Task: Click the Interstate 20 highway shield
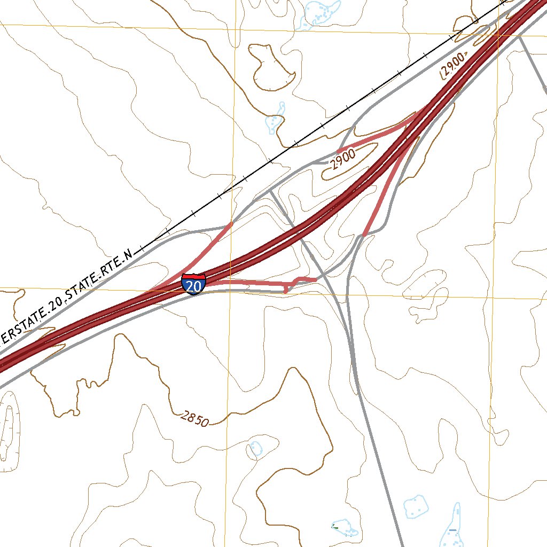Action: (x=193, y=284)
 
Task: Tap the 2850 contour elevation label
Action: (x=194, y=419)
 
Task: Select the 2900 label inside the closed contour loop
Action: (x=342, y=160)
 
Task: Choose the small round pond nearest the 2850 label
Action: (x=256, y=448)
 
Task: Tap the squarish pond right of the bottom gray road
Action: (x=416, y=505)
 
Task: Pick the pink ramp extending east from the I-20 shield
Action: (x=251, y=281)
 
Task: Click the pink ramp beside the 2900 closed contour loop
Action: (x=374, y=138)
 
